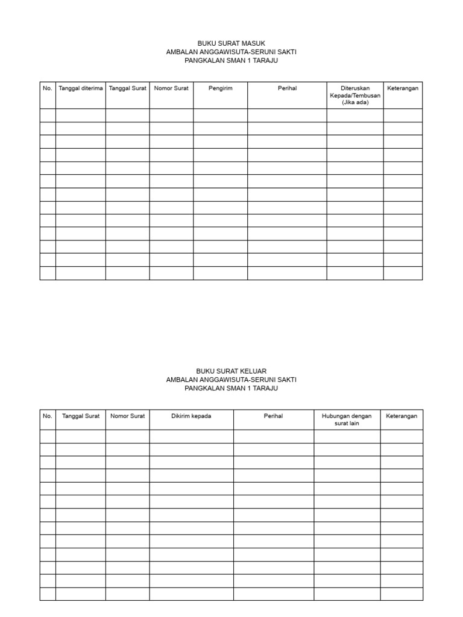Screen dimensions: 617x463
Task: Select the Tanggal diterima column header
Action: point(81,89)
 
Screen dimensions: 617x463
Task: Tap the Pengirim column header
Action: point(220,89)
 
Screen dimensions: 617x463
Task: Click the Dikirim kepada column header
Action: point(191,416)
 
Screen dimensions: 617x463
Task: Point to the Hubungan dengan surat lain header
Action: point(347,420)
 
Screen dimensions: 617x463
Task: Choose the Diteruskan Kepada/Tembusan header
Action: point(354,95)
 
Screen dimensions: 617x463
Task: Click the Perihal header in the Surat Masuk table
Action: point(287,89)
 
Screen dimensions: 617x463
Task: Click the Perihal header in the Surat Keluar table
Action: point(273,416)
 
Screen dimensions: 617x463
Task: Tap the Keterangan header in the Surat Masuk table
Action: point(403,89)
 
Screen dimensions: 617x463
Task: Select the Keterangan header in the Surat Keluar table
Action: point(402,416)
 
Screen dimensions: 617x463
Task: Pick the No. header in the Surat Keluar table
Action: point(48,416)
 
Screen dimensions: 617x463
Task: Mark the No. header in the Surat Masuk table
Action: point(48,89)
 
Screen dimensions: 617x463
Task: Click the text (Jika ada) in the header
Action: point(354,102)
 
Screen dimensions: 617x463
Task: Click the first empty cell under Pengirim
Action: point(220,115)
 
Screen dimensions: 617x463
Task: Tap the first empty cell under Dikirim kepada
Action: point(191,436)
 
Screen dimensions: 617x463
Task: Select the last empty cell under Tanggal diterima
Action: point(81,274)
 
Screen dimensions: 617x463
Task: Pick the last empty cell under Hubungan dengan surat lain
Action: point(347,594)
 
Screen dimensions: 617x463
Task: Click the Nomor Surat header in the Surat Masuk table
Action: point(171,89)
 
